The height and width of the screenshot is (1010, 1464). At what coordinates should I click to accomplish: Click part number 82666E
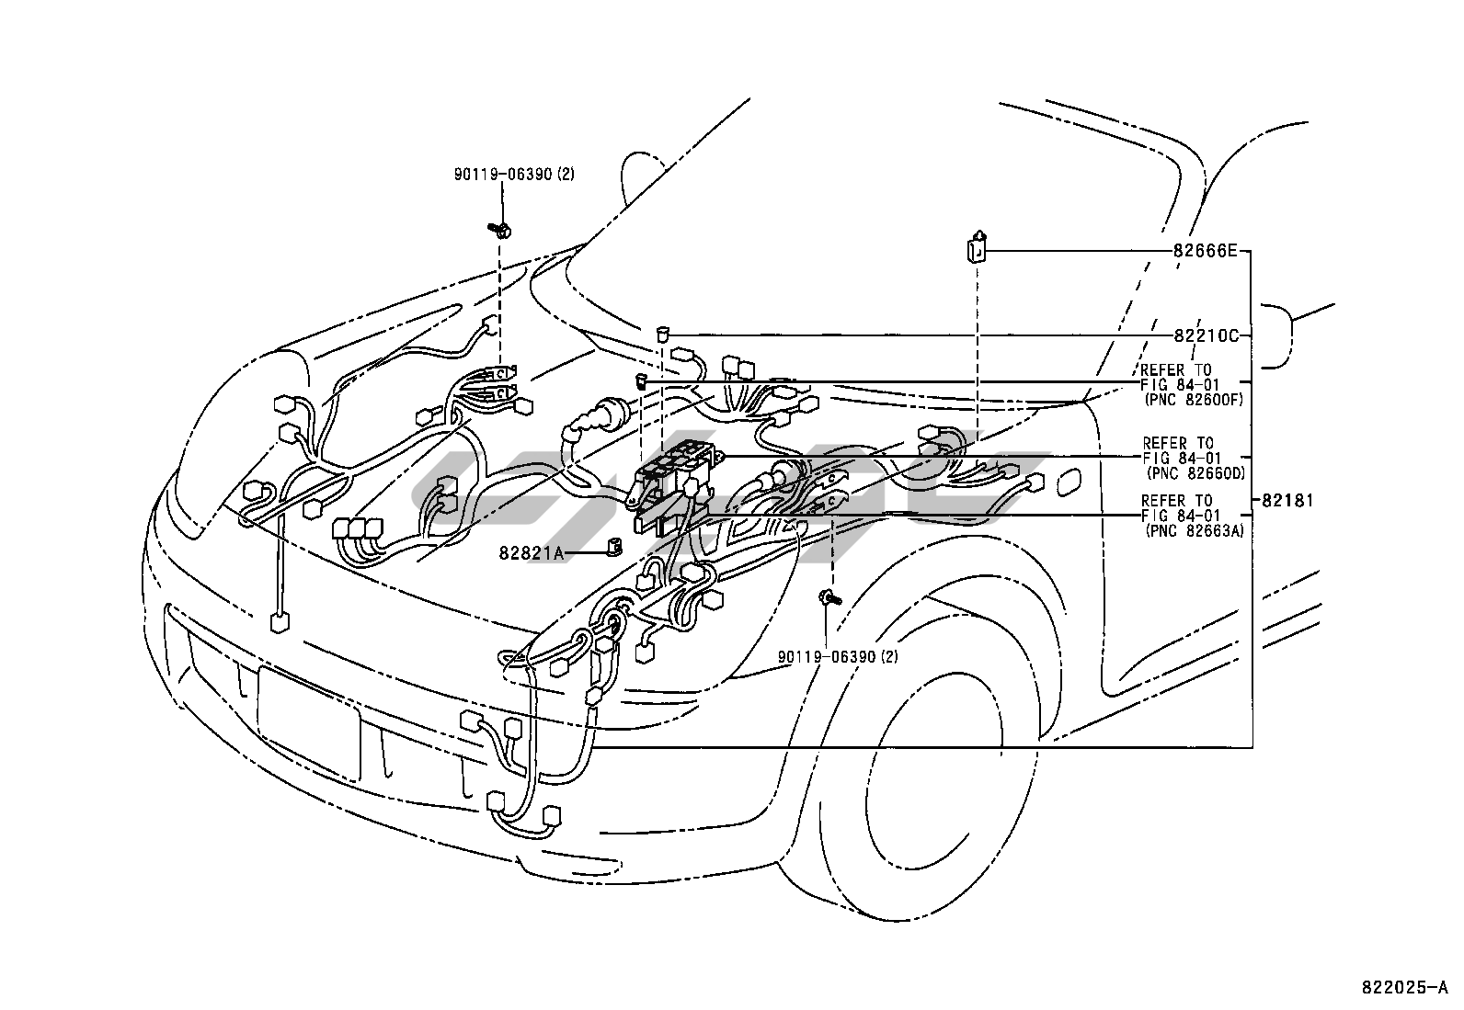point(1205,250)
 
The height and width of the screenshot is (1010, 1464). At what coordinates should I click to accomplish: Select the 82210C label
point(1205,335)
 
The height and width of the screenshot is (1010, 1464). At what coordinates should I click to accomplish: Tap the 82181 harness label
point(1287,501)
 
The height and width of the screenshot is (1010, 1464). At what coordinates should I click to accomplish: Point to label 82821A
point(531,552)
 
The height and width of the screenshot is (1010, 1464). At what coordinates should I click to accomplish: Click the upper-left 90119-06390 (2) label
point(513,174)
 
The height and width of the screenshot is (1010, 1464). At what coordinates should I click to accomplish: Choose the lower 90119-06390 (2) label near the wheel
point(837,656)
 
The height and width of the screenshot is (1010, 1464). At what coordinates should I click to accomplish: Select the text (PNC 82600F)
point(1193,400)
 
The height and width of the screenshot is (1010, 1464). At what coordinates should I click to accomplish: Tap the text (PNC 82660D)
point(1195,472)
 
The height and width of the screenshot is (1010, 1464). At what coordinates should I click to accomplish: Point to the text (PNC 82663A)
point(1194,530)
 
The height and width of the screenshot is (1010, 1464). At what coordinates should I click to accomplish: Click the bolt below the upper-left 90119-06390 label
point(499,228)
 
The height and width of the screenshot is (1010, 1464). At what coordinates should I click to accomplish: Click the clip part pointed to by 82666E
point(977,248)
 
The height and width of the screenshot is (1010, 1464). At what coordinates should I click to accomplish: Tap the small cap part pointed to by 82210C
point(662,333)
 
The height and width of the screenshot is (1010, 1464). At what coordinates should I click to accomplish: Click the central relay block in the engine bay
point(678,469)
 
